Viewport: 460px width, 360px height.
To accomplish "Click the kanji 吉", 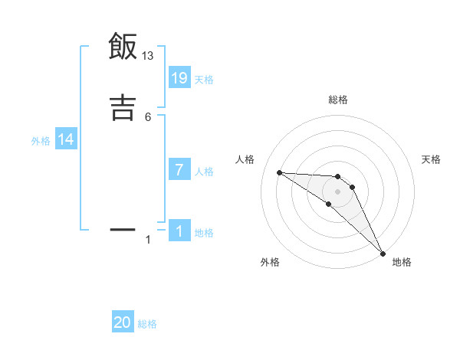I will coord(123,107).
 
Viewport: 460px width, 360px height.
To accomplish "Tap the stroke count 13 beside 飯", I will coord(148,55).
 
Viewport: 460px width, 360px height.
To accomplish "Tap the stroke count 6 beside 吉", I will coord(148,116).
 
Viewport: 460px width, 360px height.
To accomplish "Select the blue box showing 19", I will coord(179,78).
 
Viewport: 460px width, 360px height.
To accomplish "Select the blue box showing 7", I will coord(179,170).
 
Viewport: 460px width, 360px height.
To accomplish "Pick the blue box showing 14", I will coord(66,139).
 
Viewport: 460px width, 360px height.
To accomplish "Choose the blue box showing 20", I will coord(123,322).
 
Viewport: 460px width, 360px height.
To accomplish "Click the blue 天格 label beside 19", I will coord(204,79).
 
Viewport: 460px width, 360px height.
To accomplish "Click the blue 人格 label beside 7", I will coord(204,171).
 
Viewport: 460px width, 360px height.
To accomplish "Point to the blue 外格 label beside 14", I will coord(41,140).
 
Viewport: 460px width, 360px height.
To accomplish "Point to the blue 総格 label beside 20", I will coord(147,324).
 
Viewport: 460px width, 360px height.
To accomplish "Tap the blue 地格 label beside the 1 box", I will coord(204,233).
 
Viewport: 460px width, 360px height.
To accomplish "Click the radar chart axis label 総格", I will coord(337,100).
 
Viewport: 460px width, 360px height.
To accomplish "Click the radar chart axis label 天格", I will coord(431,159).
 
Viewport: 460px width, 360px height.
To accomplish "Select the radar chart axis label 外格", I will coord(270,262).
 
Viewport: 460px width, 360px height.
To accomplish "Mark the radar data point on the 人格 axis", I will coord(279,172).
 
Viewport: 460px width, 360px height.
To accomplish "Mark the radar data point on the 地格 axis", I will coord(383,253).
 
